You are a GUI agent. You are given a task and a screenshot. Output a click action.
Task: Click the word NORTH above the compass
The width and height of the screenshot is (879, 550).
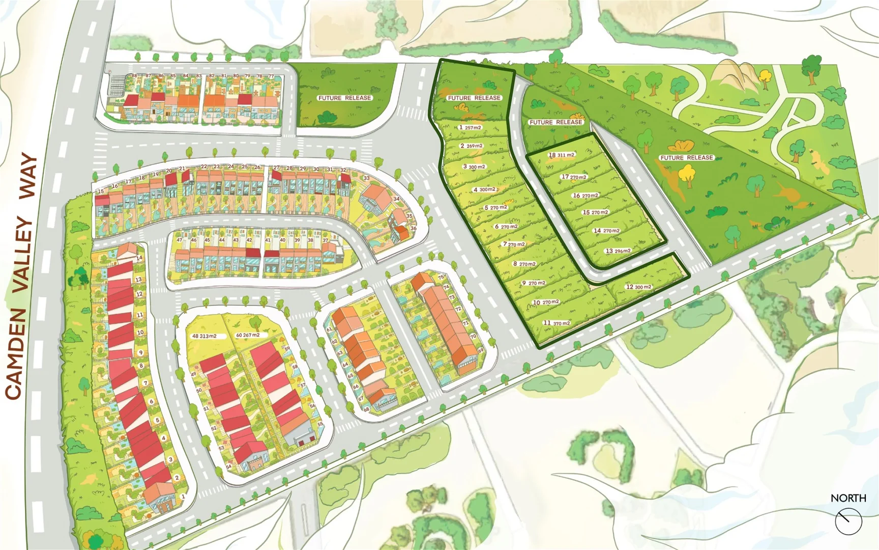point(848,498)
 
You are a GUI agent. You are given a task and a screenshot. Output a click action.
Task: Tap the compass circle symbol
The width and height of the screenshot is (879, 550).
point(848,521)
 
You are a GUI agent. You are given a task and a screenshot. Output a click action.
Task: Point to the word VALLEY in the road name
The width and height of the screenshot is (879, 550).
point(23,254)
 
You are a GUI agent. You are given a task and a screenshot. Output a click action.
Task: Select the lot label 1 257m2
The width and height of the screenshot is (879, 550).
point(470,127)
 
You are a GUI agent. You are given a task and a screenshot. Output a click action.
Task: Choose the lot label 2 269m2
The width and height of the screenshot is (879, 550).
point(472,146)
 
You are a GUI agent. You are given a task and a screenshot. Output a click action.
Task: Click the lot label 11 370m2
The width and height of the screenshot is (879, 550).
point(556,323)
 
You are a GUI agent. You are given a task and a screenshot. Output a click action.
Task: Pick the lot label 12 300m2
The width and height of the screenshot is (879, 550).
point(638,287)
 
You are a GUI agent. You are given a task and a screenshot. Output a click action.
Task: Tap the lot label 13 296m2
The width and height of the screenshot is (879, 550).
point(618,251)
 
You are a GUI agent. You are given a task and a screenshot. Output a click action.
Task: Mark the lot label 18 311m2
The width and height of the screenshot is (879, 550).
point(561,155)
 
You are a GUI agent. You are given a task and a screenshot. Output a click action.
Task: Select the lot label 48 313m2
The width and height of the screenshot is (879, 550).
point(204,336)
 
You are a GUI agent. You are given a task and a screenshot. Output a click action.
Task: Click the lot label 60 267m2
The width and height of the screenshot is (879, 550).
point(248,335)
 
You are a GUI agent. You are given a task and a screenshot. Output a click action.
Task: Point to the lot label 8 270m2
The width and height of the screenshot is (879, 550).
point(524,264)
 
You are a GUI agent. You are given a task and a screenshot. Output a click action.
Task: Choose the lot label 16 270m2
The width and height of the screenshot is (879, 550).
point(585,196)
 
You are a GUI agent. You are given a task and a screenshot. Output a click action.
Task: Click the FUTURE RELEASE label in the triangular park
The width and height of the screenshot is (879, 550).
point(687,158)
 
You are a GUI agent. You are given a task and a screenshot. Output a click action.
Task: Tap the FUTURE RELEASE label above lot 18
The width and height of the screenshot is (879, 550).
point(555,122)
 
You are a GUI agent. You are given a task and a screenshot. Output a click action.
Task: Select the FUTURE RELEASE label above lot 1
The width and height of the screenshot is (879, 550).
point(474,98)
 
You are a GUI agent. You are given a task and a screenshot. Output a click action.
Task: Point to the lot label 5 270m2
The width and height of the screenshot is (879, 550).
point(495,208)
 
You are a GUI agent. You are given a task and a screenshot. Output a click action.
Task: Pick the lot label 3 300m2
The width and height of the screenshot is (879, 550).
point(474,167)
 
